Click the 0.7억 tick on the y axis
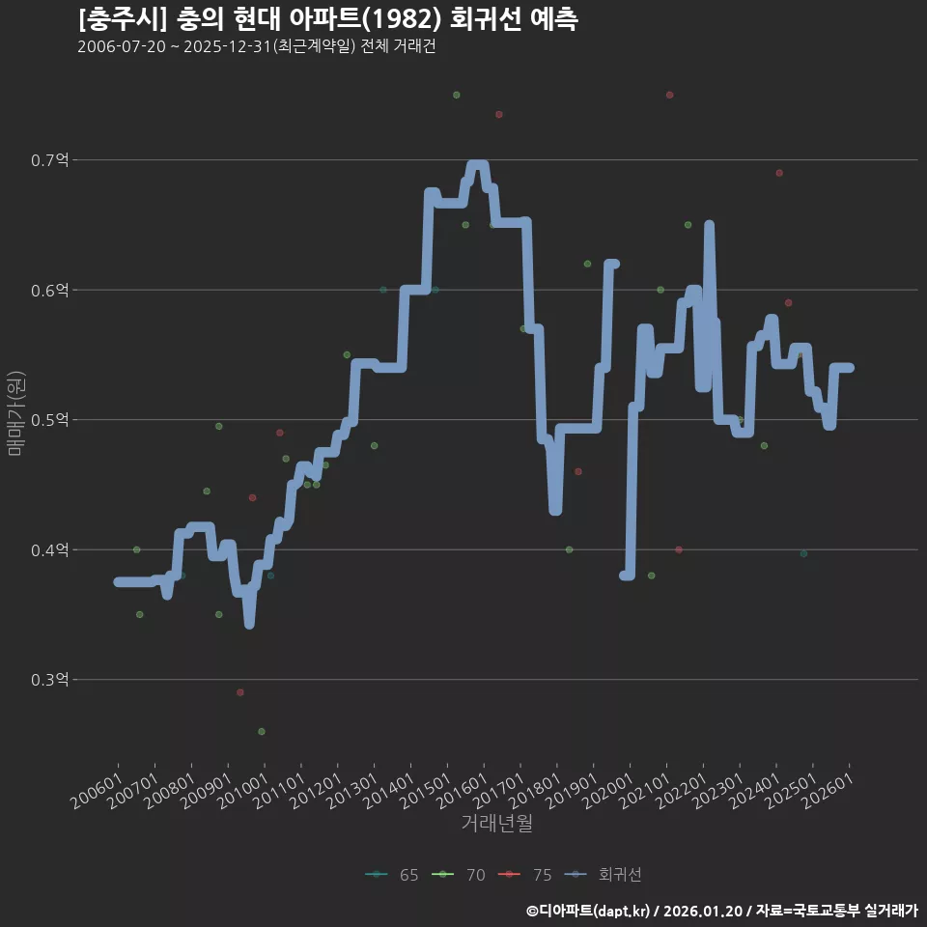tap(50, 160)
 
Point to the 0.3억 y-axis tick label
tap(50, 680)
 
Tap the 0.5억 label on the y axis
tap(50, 420)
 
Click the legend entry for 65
tap(392, 875)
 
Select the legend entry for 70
tap(459, 875)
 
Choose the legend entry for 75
tap(525, 875)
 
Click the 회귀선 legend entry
tap(603, 875)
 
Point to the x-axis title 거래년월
tap(496, 823)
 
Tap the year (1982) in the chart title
tap(402, 19)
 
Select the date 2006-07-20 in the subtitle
tap(122, 46)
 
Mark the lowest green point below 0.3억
tap(262, 732)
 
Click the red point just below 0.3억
tap(240, 692)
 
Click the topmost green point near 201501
tap(457, 96)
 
